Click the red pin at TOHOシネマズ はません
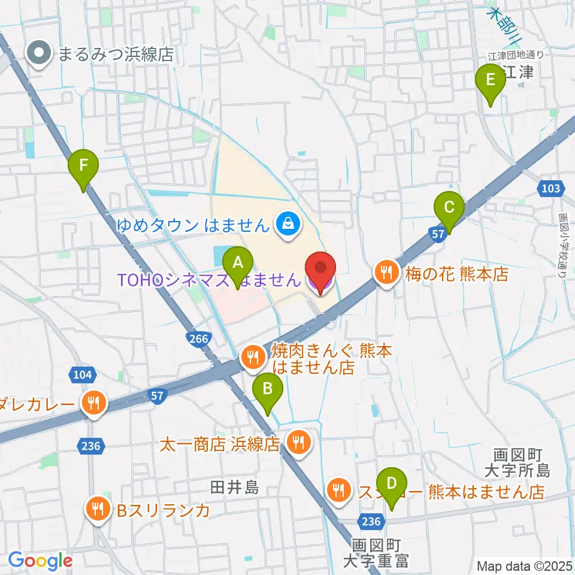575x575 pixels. tap(320, 271)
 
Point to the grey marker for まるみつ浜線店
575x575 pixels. tap(40, 55)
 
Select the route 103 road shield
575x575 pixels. tap(549, 189)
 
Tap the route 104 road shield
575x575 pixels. tap(83, 375)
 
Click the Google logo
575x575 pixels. tap(40, 561)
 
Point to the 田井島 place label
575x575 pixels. tap(234, 488)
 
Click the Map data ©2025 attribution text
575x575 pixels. tap(524, 565)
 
